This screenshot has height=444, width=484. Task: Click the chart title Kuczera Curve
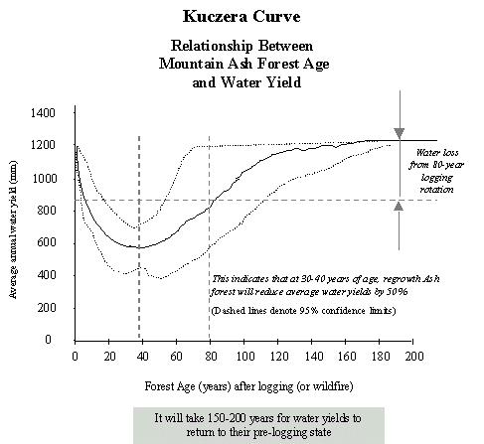(x=242, y=16)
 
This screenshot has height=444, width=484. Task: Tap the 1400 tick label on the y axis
(x=43, y=113)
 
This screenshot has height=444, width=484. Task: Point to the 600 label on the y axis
(x=46, y=242)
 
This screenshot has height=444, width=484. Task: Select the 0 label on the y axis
(x=48, y=340)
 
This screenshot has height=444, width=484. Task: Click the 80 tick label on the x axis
(x=211, y=357)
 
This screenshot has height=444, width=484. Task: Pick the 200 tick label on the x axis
(x=414, y=357)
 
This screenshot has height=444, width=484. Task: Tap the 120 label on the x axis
(x=278, y=357)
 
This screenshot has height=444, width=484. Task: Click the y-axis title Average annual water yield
(x=13, y=229)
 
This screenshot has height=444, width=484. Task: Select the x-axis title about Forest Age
(x=248, y=386)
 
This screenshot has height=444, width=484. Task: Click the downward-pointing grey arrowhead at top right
(x=400, y=133)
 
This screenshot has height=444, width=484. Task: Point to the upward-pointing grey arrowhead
(x=399, y=206)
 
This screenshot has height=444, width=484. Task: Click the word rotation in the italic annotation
(x=436, y=190)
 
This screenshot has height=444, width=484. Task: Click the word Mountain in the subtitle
(x=191, y=64)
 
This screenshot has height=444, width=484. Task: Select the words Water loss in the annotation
(x=437, y=153)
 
